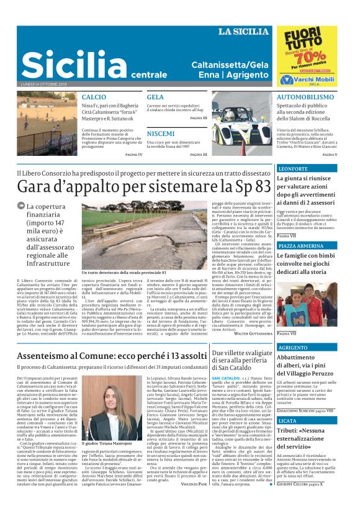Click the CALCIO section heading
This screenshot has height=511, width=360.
pyautogui.click(x=94, y=97)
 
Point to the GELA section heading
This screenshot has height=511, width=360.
pyautogui.click(x=155, y=97)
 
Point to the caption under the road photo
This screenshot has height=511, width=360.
pyautogui.click(x=124, y=272)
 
